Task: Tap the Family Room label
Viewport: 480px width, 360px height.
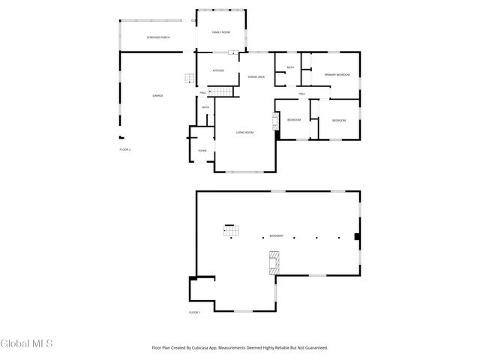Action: [220, 32]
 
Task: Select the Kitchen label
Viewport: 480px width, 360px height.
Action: [218, 70]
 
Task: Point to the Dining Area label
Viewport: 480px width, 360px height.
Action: [256, 76]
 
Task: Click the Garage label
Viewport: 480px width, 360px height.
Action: [157, 95]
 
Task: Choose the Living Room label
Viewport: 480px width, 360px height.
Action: [244, 132]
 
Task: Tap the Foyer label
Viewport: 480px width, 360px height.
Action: [202, 151]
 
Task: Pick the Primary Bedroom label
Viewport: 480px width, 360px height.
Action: [337, 75]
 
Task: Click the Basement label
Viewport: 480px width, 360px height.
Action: [277, 236]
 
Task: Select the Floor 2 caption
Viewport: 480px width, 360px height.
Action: [125, 150]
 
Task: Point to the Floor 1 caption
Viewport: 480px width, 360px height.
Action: [195, 311]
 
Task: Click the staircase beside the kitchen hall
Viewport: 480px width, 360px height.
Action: [221, 91]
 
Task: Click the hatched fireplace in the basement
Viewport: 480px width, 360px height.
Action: [274, 261]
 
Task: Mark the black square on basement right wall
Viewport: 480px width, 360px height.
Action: [357, 237]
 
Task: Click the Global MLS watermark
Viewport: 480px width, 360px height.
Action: [26, 343]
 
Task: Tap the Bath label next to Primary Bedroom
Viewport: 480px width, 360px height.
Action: [290, 67]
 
